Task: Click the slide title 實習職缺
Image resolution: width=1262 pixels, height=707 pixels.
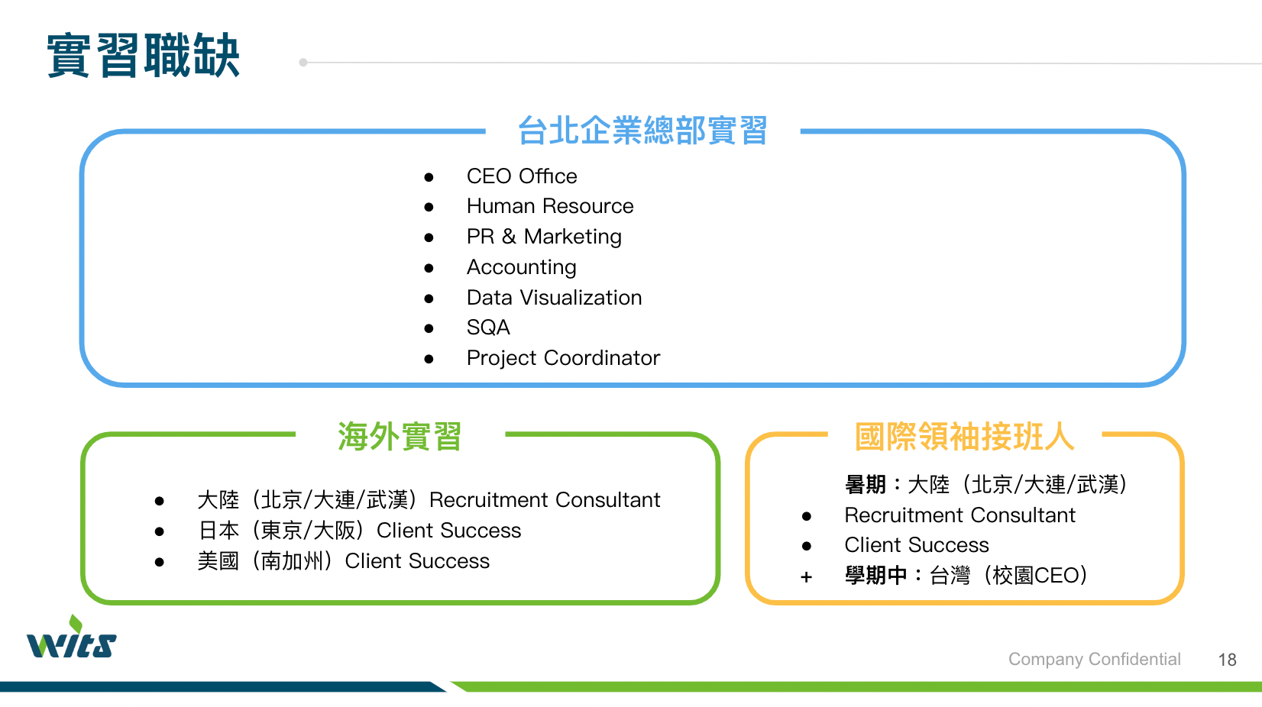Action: coord(143,55)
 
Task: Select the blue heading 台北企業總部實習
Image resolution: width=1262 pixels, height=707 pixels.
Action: coord(642,131)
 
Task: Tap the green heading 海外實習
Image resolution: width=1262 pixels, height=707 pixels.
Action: coord(400,436)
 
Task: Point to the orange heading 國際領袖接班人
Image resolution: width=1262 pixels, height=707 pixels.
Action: coord(965,436)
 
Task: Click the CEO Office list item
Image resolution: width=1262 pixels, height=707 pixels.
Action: coord(522,176)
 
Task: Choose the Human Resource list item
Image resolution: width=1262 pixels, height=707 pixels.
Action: coord(550,206)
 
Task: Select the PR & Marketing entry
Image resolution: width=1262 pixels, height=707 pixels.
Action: coord(544,237)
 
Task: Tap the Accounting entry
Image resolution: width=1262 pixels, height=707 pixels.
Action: coord(522,266)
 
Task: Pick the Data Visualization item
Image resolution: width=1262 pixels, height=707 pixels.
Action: coord(555,297)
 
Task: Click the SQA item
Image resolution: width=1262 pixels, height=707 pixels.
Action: coord(488,327)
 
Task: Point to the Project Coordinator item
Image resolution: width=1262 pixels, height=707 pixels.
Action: coord(564,358)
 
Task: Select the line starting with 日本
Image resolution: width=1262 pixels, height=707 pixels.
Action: coord(360,530)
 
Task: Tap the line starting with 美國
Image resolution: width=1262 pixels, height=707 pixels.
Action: coord(344,561)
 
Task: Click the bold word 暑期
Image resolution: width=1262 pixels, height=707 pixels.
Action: coord(866,484)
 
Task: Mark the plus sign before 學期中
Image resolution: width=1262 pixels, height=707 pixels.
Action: coord(806,577)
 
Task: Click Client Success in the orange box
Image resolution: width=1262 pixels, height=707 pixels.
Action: coord(917,545)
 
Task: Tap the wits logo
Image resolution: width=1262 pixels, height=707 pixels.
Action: coord(72,637)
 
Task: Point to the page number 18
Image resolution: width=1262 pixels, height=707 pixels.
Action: coord(1227,660)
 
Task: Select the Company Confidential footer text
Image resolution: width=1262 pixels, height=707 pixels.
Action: coord(1095,659)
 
